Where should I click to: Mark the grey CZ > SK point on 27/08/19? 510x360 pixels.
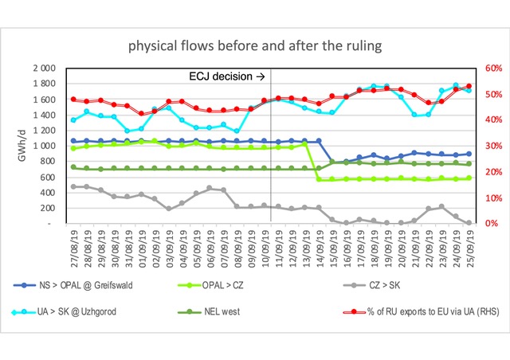[x=73, y=186]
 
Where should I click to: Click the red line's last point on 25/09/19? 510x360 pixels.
[x=469, y=86]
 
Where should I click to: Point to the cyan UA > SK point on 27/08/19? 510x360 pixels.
[x=73, y=120]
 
